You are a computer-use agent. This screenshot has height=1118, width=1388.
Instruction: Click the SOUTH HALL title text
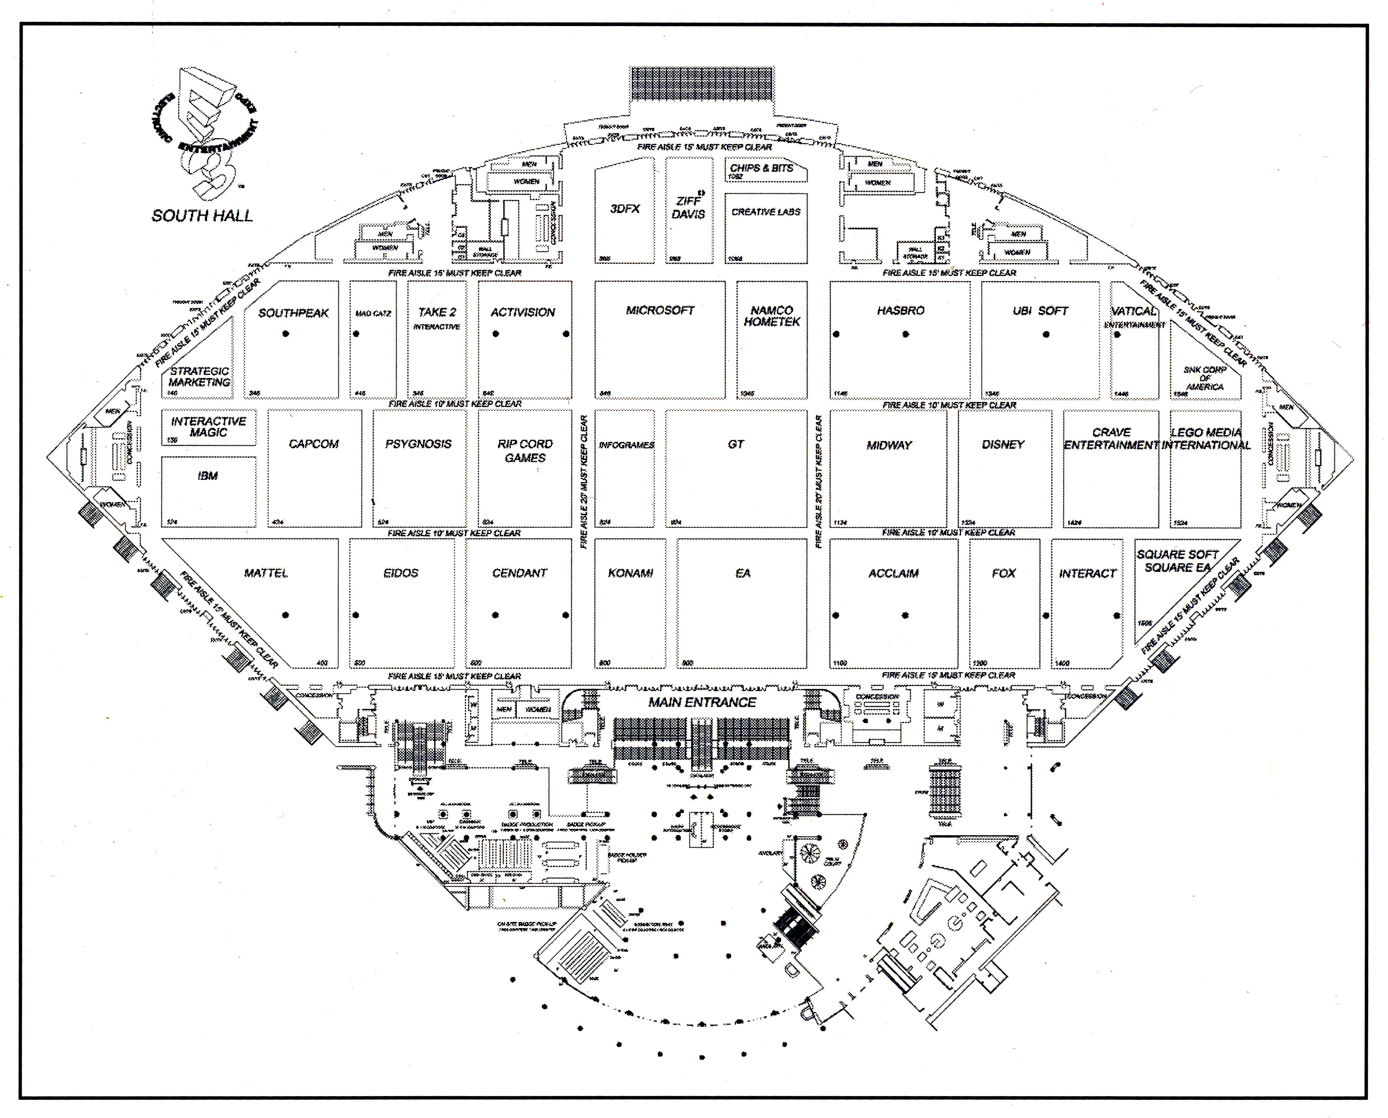(x=202, y=216)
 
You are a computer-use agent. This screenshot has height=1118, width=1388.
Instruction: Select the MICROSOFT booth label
(x=660, y=310)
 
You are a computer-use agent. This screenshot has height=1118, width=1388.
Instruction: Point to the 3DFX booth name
(x=625, y=209)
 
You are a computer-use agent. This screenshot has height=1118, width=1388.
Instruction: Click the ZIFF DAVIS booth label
(x=688, y=207)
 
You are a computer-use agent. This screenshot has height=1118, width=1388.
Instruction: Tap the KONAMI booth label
(x=630, y=573)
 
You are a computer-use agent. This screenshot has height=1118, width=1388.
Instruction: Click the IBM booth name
(x=207, y=476)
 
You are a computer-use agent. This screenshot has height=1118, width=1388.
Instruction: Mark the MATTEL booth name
(x=266, y=573)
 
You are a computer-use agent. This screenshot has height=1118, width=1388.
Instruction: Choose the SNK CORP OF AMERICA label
(x=1204, y=378)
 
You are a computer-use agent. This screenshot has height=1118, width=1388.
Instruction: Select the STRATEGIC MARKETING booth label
(x=200, y=377)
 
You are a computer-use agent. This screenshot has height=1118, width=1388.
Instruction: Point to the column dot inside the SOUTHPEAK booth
(x=286, y=334)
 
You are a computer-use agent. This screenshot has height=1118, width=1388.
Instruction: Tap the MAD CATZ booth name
(x=373, y=314)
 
